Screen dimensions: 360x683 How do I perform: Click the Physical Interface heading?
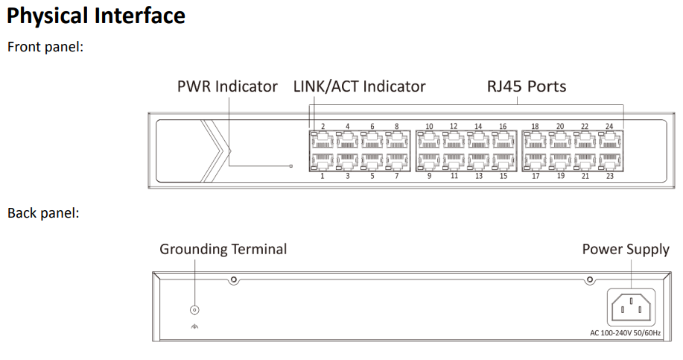click(95, 16)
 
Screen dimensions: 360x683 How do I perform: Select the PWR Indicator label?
click(227, 86)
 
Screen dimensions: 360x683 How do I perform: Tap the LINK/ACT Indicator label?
click(360, 86)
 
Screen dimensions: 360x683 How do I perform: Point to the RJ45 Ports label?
click(527, 86)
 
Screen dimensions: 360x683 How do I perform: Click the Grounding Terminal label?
click(223, 250)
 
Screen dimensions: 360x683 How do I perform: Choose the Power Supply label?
click(626, 250)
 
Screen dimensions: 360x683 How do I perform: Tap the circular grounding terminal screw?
click(195, 309)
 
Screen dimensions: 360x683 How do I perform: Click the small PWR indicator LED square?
click(290, 165)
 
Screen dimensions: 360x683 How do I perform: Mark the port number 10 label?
click(430, 127)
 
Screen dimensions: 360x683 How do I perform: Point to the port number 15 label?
click(503, 176)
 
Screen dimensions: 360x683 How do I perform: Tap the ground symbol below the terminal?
click(195, 326)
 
